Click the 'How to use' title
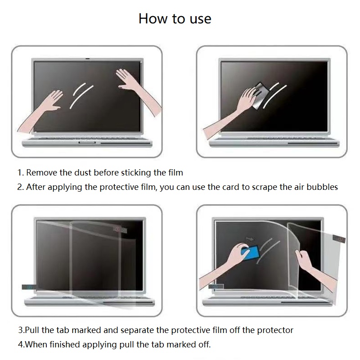(175, 18)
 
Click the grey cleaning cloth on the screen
(261, 96)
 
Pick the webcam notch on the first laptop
(87, 59)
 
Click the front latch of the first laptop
(87, 143)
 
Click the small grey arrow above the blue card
(250, 239)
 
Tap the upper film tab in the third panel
(120, 229)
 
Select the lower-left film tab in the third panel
(29, 287)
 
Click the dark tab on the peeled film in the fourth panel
(339, 239)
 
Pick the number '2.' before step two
(20, 187)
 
